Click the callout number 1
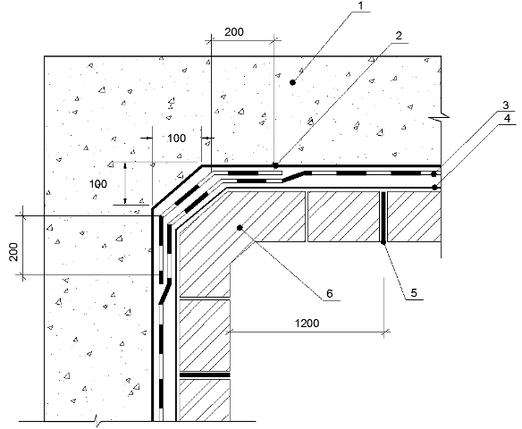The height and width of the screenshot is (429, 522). tap(361, 5)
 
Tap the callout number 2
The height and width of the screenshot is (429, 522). tap(399, 36)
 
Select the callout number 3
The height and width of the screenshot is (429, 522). tap(506, 105)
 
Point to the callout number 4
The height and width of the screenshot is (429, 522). tap(507, 118)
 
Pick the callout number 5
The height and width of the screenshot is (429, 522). tap(414, 293)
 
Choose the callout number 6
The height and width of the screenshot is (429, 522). tap(329, 293)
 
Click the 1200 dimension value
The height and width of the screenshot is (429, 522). tap(307, 323)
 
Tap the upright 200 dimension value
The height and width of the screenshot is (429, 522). tap(234, 32)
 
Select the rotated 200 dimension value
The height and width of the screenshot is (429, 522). tap(13, 252)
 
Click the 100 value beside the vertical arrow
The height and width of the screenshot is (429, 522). tap(98, 184)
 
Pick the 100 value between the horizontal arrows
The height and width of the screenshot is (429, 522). tap(176, 139)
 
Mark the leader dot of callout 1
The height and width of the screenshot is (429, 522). tap(292, 82)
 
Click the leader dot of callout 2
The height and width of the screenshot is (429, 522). tap(275, 165)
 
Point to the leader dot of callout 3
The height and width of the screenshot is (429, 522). tap(434, 174)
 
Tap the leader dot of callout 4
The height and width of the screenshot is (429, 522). tap(434, 188)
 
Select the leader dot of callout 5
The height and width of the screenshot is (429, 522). tap(383, 242)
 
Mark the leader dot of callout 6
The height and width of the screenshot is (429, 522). tap(240, 228)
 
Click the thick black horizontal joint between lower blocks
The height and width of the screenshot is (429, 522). tap(205, 375)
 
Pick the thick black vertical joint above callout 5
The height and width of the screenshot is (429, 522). tap(383, 216)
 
